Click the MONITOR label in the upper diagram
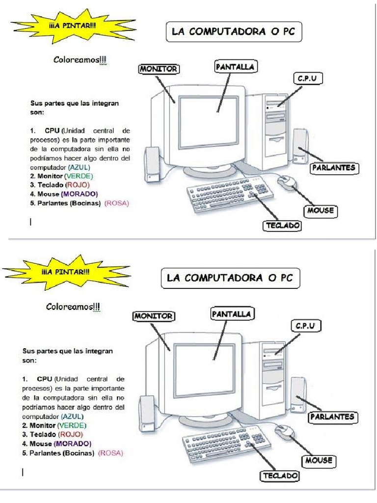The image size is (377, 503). point(158,69)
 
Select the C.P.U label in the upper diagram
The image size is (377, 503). point(308,78)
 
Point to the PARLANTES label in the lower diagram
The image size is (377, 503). point(332,417)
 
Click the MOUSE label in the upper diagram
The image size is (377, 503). point(321,211)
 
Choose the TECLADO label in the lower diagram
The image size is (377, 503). point(280,476)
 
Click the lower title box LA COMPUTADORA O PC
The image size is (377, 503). point(230,278)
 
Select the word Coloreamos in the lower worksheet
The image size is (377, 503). point(72,307)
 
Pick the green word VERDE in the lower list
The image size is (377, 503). point(72,425)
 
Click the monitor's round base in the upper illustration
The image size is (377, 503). point(210,169)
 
